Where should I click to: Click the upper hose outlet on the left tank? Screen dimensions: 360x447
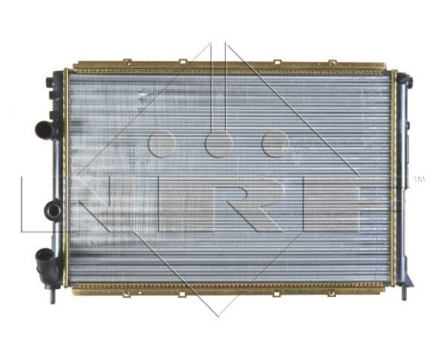(41, 129)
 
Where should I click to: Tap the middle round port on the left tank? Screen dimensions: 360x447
(52, 210)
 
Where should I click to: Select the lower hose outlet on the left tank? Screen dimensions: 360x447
(43, 257)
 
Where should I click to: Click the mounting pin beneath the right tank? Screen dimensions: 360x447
(403, 292)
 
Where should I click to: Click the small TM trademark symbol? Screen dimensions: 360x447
(418, 179)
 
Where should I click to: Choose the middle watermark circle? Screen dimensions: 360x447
(219, 144)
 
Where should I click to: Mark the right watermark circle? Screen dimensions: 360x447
(276, 144)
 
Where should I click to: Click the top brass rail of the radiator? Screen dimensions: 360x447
(230, 68)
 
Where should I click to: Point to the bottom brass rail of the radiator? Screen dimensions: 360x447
(230, 286)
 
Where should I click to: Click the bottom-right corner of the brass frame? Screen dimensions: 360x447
(391, 286)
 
